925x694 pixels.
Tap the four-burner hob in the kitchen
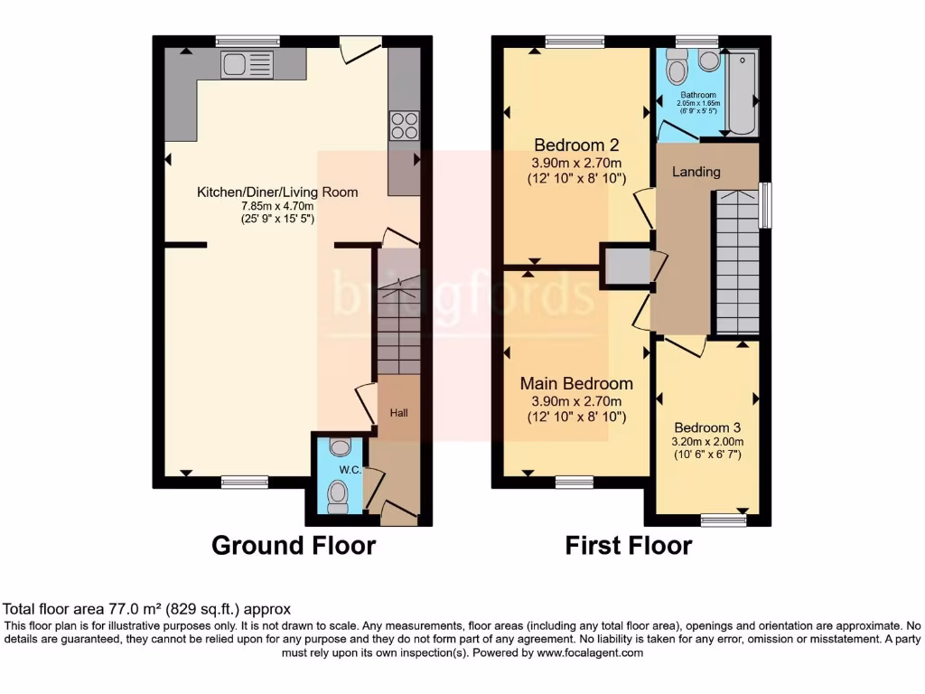coord(404,125)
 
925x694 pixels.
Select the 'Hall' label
coord(398,413)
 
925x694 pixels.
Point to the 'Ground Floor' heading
coord(294,546)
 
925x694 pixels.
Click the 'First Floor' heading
coord(629,546)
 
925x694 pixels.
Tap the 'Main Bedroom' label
coord(576,384)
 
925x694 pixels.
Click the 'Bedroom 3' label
coord(707,427)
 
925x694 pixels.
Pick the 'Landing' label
coord(696,172)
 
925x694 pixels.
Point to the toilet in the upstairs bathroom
coord(676,70)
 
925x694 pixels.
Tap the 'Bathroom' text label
coord(697,95)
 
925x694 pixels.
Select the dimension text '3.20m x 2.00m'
coord(707,442)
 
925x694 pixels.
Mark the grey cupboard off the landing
coord(626,267)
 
